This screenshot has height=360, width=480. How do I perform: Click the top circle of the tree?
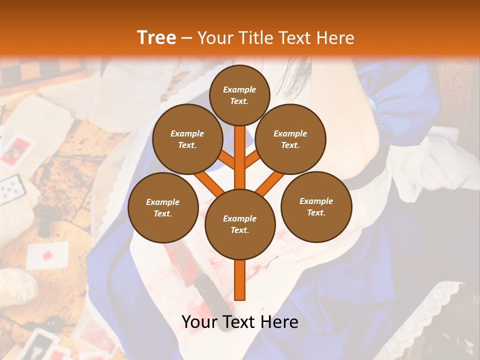point(239,95)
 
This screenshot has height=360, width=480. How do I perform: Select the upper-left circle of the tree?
point(187,139)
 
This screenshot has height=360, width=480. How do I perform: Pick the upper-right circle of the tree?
point(290,139)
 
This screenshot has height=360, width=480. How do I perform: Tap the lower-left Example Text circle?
point(163,208)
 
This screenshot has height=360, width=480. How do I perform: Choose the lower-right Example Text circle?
point(316,207)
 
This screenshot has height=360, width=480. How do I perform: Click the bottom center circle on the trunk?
point(240,224)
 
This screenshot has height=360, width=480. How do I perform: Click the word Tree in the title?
point(156,37)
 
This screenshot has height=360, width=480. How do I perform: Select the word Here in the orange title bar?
point(335,38)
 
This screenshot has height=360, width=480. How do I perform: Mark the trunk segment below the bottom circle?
point(240,280)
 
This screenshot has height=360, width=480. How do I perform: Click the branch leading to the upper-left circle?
point(226,160)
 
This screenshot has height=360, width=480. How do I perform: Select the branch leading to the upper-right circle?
point(252,160)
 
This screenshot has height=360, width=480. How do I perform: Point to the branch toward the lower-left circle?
point(209,183)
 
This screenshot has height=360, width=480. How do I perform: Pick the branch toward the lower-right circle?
point(270,183)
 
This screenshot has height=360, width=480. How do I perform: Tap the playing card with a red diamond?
point(47,255)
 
